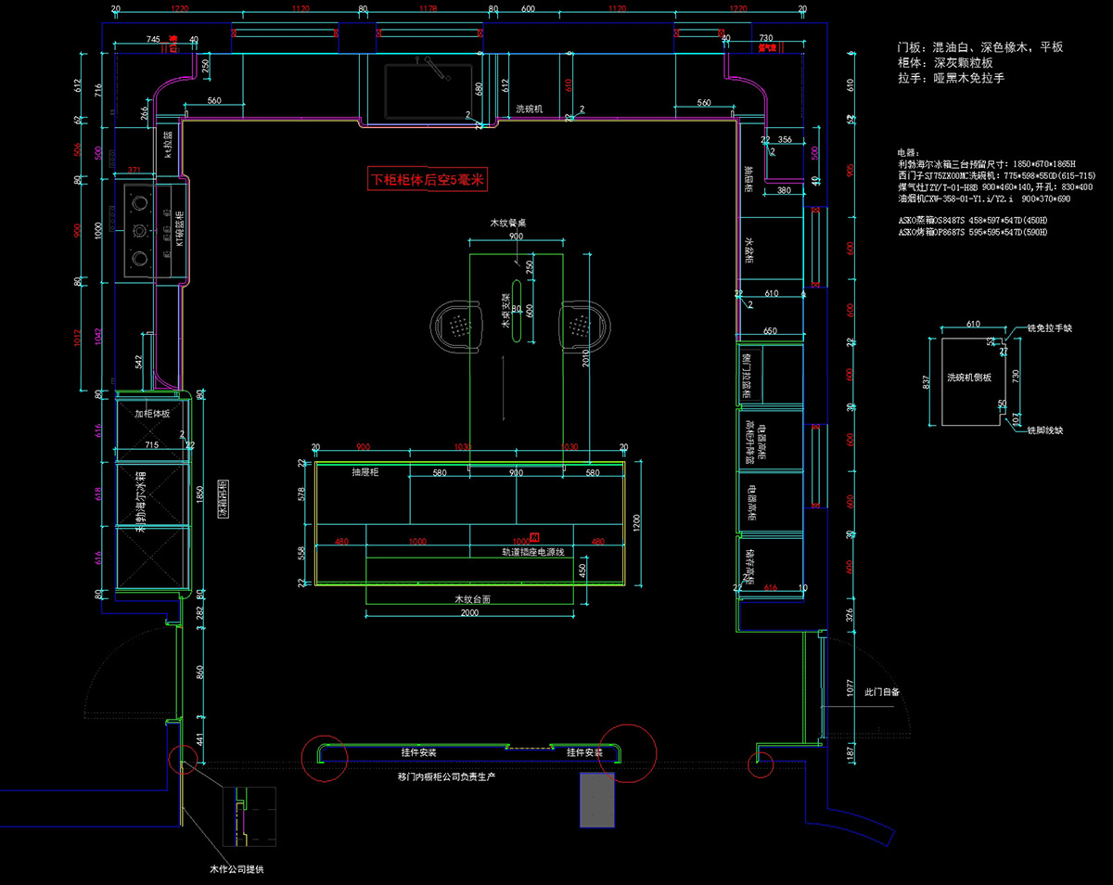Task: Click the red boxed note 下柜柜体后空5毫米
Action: coord(428,180)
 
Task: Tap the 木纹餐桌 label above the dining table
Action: coord(509,224)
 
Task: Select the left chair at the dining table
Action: coord(456,326)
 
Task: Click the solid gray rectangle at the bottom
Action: coord(597,799)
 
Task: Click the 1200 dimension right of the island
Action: coord(635,525)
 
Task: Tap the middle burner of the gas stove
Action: coord(140,231)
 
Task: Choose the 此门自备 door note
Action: coord(882,692)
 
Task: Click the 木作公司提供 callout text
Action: coord(237,870)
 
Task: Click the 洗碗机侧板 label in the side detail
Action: coord(968,378)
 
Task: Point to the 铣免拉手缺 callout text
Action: coord(1049,328)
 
